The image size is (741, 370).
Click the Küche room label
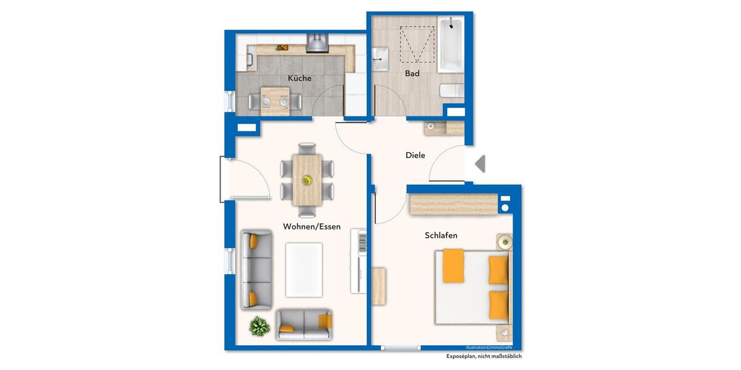coord(299,78)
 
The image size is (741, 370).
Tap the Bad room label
coord(412,73)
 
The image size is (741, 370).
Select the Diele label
coord(415,155)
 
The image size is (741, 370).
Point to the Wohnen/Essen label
coord(312,226)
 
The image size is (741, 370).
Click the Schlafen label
coord(441,236)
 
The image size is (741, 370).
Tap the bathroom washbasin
coord(380,59)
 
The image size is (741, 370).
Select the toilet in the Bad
coord(451,91)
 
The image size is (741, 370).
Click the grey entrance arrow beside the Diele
coord(480,163)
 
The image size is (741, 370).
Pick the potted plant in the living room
coord(259,326)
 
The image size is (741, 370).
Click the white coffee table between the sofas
coord(304,269)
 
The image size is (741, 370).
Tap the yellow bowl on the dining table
coord(306,180)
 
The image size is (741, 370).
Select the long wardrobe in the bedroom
coord(454,204)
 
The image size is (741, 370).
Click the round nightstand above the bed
coord(505,242)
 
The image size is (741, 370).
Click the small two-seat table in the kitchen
coord(275,101)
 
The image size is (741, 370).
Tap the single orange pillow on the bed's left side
coord(453,265)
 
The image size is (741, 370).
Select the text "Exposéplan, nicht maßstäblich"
coord(484,356)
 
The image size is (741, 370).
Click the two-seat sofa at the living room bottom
coord(303,324)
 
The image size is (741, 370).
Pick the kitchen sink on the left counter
coord(251,59)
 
